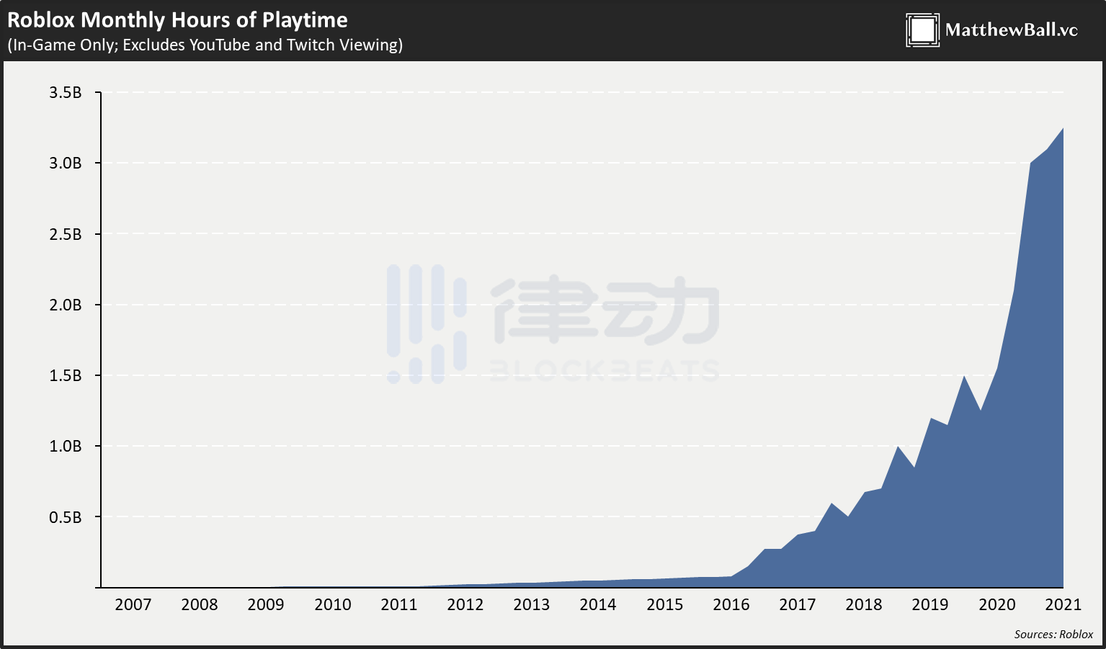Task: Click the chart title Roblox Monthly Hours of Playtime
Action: pos(177,19)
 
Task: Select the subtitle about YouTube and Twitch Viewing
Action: pos(205,45)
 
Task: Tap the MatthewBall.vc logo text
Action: pos(1011,30)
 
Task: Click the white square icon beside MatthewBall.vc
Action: pos(922,30)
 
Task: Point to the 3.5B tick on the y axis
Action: pos(66,92)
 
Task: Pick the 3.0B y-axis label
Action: pos(66,163)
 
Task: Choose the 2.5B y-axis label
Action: pos(66,234)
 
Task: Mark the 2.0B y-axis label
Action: pos(66,305)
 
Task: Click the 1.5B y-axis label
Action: pos(66,375)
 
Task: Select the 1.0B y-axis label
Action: pos(66,446)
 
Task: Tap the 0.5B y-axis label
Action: pos(66,517)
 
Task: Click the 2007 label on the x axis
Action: pos(133,604)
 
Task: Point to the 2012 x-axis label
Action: pos(465,604)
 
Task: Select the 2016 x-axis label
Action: pos(731,604)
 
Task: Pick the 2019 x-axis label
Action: pos(930,604)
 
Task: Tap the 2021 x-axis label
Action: pos(1063,604)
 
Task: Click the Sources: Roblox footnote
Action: pos(1053,635)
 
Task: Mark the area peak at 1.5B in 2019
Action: pos(964,377)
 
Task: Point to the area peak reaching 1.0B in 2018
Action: pos(898,447)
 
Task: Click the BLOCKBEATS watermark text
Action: pos(604,370)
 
